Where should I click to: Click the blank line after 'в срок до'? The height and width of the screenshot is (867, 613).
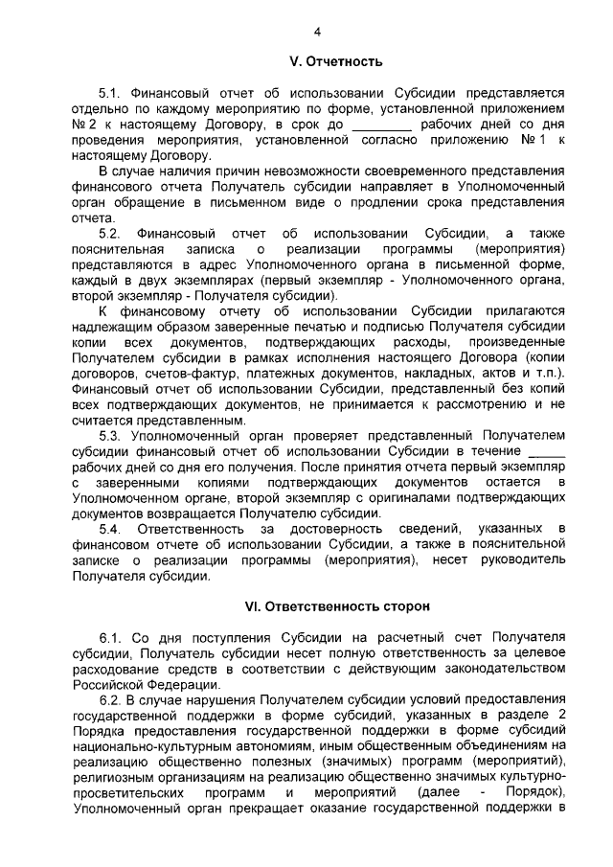tap(382, 125)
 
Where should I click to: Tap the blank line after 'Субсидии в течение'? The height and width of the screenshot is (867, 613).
tap(547, 449)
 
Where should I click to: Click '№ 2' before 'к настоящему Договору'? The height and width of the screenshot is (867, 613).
tap(85, 125)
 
